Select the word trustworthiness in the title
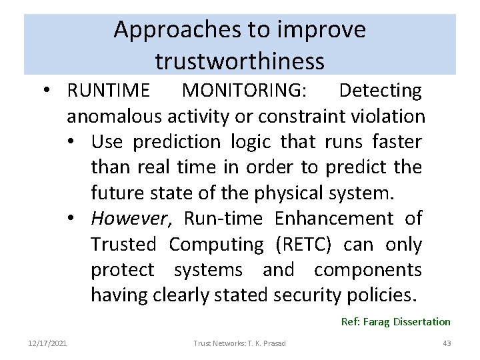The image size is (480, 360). click(240, 61)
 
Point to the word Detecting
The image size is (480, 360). click(380, 89)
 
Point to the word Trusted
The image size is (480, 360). click(123, 245)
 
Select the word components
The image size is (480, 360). click(368, 270)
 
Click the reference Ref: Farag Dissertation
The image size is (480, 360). click(396, 321)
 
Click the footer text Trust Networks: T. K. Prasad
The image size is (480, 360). click(240, 343)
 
